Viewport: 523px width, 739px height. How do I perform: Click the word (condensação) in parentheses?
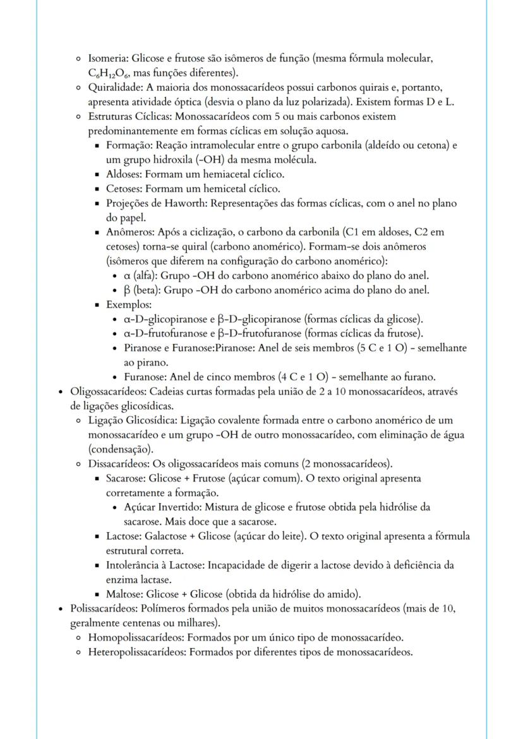click(x=121, y=449)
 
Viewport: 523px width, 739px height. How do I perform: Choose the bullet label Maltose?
click(x=123, y=593)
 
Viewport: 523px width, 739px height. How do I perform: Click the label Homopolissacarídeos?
click(x=136, y=637)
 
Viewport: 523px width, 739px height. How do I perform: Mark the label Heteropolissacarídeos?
click(x=136, y=652)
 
